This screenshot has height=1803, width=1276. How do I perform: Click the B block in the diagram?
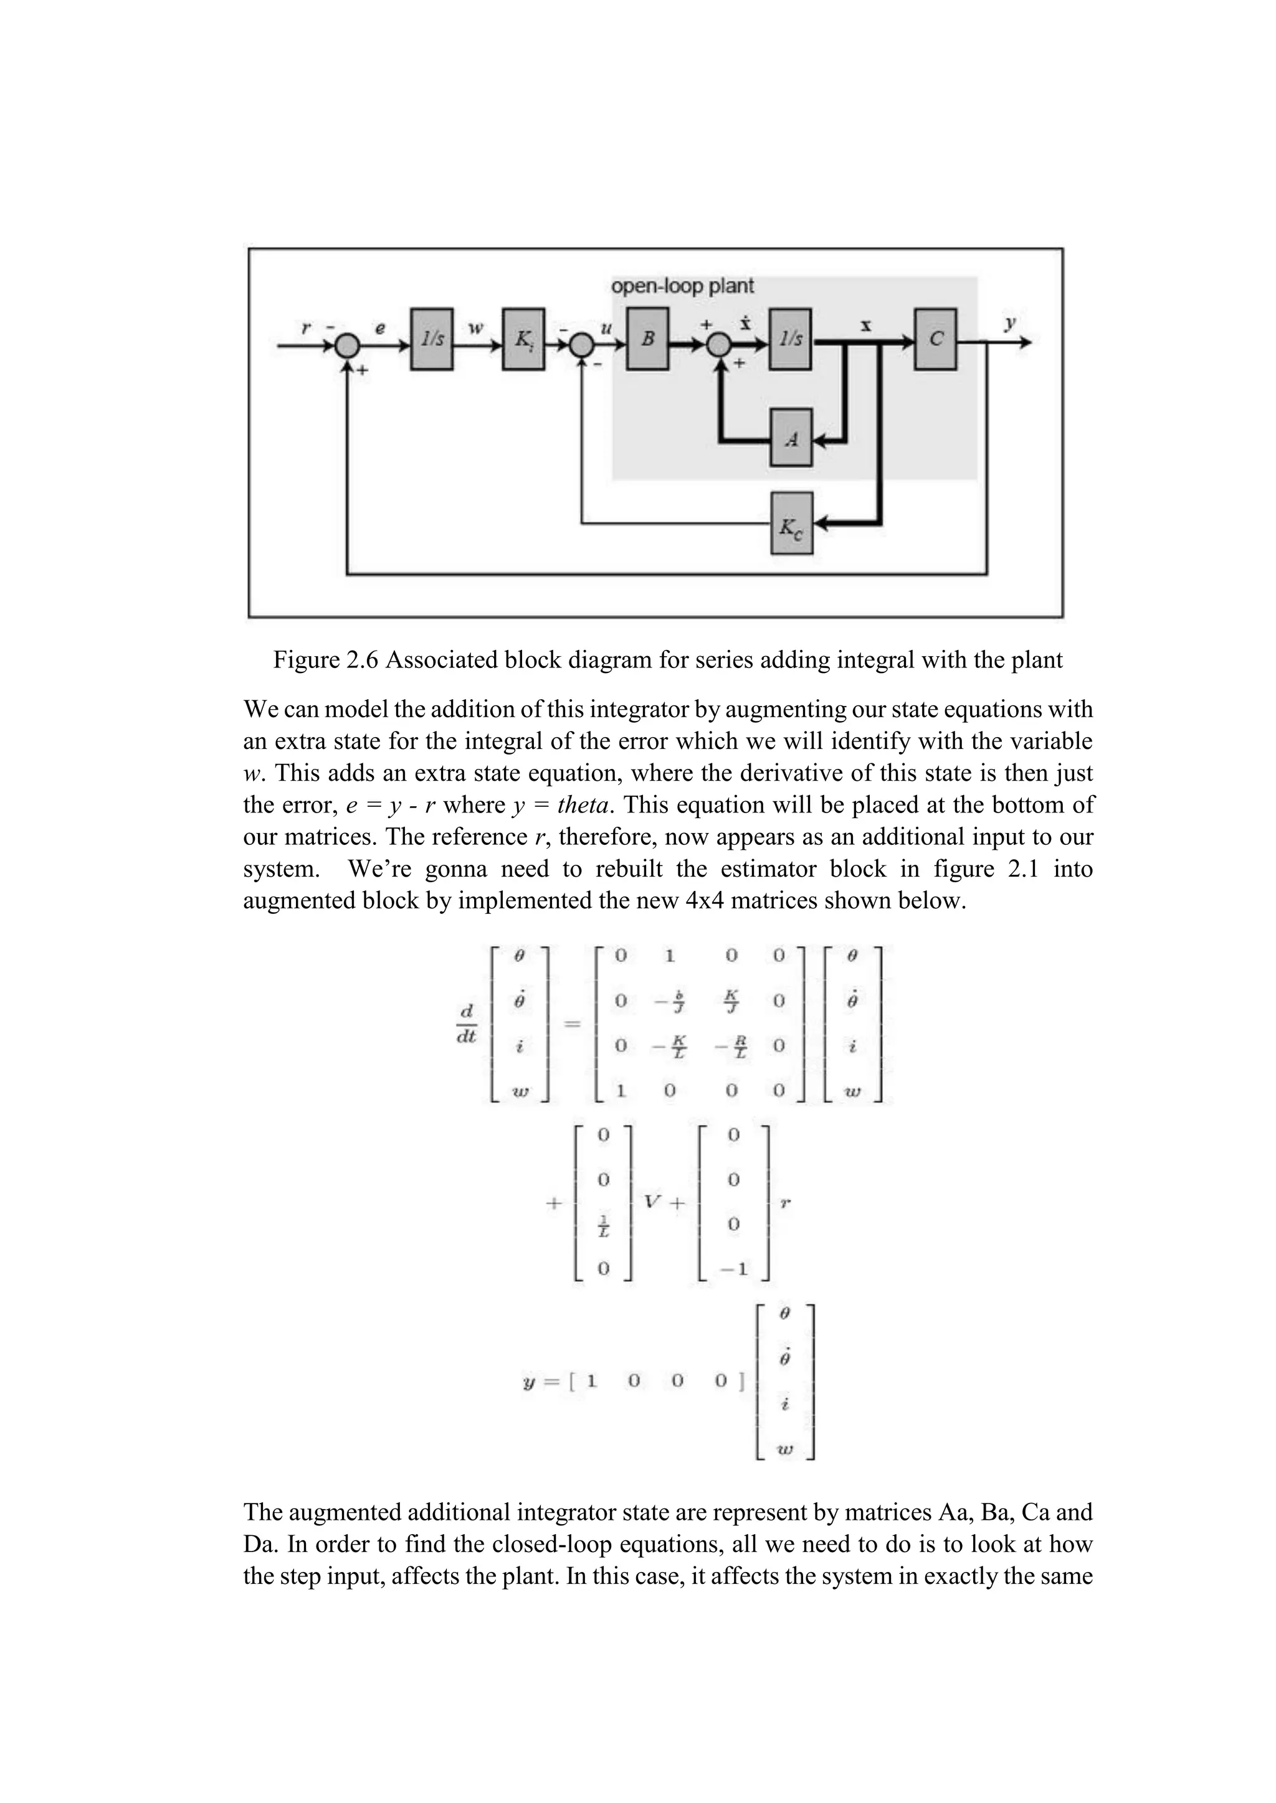(x=647, y=339)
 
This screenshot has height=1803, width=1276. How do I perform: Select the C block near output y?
(x=935, y=339)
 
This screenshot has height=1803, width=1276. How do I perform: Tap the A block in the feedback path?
(x=791, y=438)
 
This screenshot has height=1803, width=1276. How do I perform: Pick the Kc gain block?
(x=791, y=522)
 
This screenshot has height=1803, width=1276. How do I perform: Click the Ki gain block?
(x=523, y=339)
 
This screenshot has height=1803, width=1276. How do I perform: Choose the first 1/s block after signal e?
(x=431, y=339)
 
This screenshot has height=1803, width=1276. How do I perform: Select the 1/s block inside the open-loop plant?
(x=791, y=339)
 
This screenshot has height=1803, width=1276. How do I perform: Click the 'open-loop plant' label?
(x=682, y=286)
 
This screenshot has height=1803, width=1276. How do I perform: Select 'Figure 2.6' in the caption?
(x=325, y=660)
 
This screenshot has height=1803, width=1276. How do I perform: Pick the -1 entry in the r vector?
(x=733, y=1268)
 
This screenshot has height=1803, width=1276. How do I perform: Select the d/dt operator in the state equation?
(x=467, y=1025)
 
